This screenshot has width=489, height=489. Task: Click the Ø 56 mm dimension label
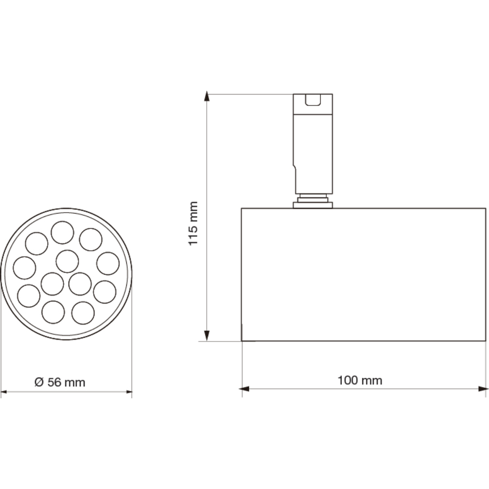coord(60,382)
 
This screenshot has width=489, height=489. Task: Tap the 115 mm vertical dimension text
coord(193,223)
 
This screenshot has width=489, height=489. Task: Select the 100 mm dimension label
coord(360,380)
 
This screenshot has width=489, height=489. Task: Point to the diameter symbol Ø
coord(39,382)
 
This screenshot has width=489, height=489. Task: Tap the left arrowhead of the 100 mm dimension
coord(244,389)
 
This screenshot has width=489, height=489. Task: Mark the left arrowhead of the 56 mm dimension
coord(5,392)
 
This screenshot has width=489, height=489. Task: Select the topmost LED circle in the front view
coord(63,233)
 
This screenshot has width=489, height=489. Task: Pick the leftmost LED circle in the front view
coord(24,267)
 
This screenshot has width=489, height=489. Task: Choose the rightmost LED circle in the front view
coord(108,264)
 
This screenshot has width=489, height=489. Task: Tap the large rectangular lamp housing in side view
coord(363,275)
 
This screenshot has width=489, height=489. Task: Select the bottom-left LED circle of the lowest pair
coord(53,313)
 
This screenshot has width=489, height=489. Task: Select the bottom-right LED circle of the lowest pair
coord(83,313)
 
